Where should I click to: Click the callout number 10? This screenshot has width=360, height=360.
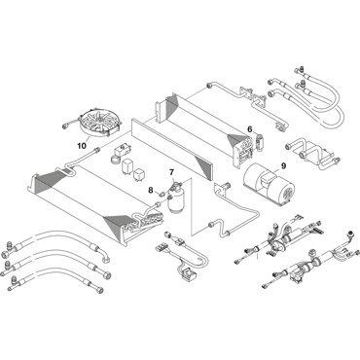tap(82, 146)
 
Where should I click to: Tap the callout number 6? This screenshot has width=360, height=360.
tap(250, 129)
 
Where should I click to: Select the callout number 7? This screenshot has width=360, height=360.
tap(171, 172)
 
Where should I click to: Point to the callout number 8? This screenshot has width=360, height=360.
tap(151, 191)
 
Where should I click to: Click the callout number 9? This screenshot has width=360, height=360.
tap(283, 166)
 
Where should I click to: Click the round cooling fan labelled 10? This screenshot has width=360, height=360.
tap(100, 123)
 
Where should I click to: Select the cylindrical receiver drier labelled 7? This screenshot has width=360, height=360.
tap(176, 198)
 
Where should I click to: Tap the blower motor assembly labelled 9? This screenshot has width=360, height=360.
tap(270, 185)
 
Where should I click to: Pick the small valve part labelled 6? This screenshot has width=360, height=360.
tap(259, 141)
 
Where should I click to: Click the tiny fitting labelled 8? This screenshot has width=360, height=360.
tap(161, 194)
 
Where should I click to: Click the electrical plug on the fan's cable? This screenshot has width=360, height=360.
tap(64, 126)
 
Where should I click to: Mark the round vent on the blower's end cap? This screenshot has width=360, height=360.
tap(287, 194)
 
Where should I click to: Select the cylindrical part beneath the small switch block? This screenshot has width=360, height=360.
tap(115, 160)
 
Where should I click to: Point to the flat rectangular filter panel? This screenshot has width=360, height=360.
tap(172, 149)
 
